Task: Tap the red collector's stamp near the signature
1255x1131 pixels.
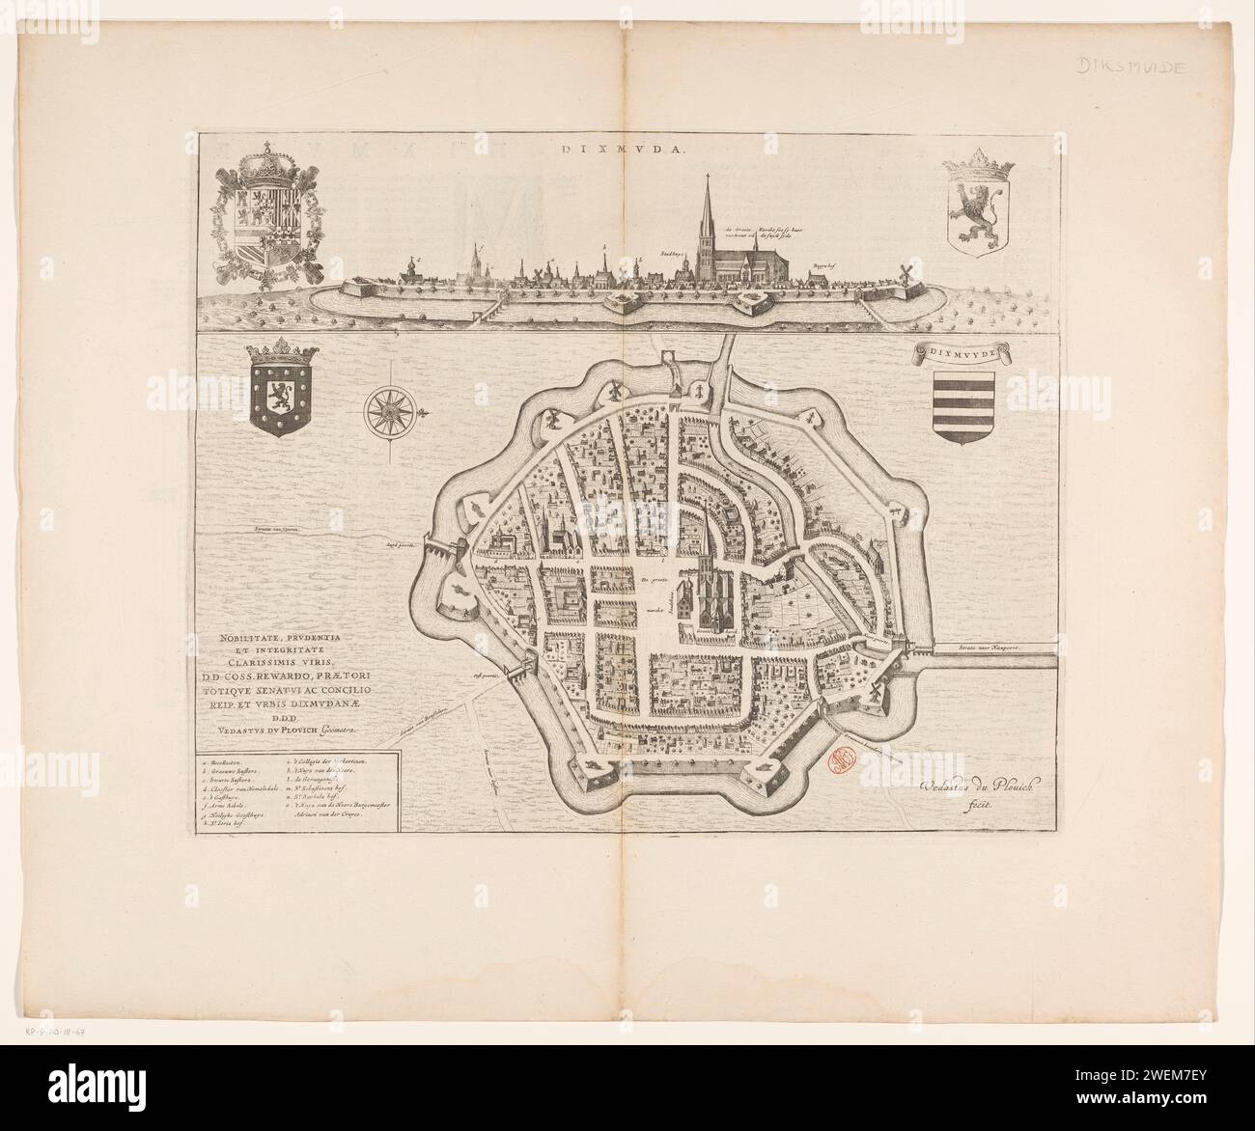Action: (841, 763)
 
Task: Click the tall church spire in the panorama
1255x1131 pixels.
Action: (711, 207)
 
